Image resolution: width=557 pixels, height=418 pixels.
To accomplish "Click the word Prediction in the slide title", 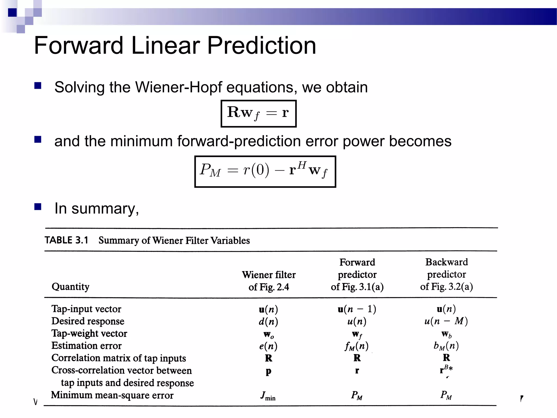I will pos(261,45).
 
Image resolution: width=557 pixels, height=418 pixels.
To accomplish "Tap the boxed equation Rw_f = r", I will pos(258,113).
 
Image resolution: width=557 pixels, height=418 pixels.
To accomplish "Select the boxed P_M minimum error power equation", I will pos(265,171).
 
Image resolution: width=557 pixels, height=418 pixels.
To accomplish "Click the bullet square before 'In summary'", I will pos(38,207).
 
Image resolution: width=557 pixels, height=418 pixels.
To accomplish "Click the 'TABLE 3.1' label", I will pos(66,240).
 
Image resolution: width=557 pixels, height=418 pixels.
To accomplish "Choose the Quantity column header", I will pos(70,287).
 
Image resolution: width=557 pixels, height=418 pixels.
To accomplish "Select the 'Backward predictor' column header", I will pos(446,274).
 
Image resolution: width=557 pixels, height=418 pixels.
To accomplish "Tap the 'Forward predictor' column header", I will pos(357,274).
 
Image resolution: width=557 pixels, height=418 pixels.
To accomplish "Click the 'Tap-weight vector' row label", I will pos(89,333).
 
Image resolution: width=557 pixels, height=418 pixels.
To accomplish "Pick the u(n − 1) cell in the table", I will pos(357,309).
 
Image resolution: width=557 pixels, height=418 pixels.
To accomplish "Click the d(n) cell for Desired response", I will pos(268,322).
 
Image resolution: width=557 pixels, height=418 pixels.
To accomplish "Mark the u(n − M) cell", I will pos(446,321).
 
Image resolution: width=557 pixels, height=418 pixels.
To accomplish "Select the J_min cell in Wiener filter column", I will pos(268,396).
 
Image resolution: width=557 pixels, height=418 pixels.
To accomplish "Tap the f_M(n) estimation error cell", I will pos(357,346).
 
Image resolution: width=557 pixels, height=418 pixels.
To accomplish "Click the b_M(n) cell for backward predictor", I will pos(446,346).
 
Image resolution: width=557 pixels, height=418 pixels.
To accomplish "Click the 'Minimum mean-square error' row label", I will pos(112,395).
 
